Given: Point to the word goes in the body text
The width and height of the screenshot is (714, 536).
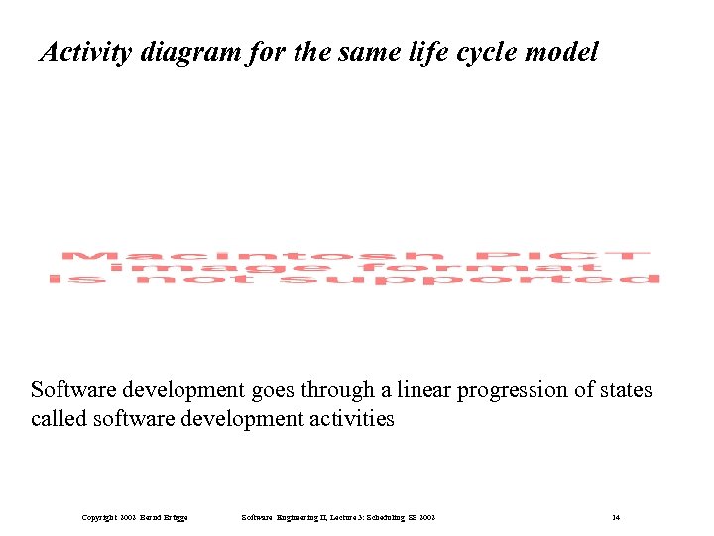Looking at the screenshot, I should (x=265, y=390).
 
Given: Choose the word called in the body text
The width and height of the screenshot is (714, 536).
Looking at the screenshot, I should (x=57, y=419).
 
